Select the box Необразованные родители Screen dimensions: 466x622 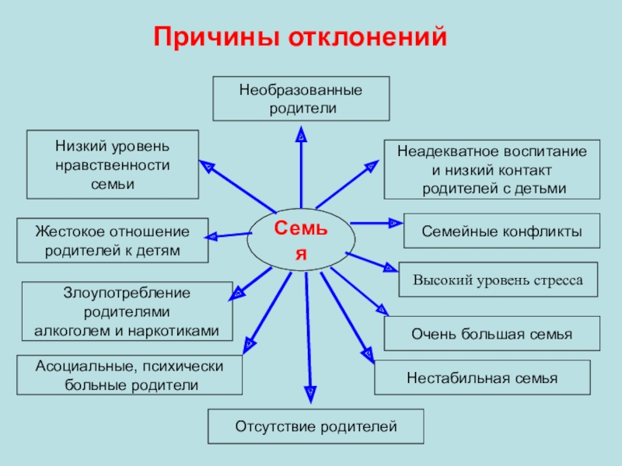(x=301, y=99)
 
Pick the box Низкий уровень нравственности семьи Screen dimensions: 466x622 (x=112, y=165)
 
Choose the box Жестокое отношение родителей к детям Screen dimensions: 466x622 (x=112, y=241)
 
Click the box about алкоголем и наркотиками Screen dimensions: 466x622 (x=127, y=311)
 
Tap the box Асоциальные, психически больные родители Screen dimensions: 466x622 (x=129, y=374)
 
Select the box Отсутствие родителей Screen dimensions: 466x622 (x=316, y=426)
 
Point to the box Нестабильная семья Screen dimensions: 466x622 (x=482, y=378)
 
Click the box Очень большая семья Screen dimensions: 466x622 (x=491, y=334)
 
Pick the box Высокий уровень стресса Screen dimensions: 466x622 (x=498, y=280)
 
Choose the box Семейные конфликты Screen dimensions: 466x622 (x=501, y=231)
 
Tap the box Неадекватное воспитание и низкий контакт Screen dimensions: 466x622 (x=491, y=169)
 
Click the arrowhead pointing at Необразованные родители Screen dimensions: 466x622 (x=302, y=135)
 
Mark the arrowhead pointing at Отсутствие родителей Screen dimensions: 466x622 (x=311, y=395)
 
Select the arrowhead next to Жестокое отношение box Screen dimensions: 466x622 (x=212, y=235)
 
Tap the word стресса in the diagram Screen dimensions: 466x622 (x=555, y=280)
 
